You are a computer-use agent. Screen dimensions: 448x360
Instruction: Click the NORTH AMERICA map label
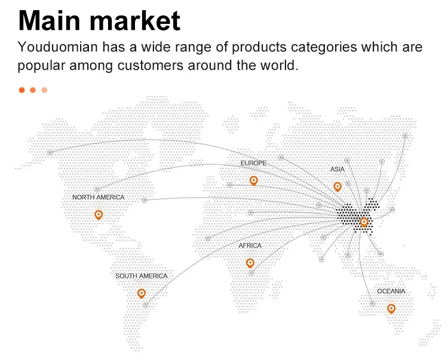coord(99,197)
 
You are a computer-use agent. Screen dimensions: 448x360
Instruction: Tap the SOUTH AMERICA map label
coord(142,276)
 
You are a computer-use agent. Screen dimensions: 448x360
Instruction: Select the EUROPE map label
coord(253,163)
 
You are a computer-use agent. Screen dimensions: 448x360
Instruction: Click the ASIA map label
coord(337,170)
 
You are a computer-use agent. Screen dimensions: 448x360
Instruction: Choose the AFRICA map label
coord(250,245)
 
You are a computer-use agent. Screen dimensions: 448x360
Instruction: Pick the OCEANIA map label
coord(391,291)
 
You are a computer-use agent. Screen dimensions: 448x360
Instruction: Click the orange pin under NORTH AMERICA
coord(99,214)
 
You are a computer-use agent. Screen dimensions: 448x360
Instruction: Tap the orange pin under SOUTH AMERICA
coord(142,293)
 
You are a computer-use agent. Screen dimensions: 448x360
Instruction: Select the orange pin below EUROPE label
coord(253,180)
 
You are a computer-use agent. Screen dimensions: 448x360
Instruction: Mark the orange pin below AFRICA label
coord(250,263)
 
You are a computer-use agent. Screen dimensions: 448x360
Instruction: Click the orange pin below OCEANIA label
coord(391,308)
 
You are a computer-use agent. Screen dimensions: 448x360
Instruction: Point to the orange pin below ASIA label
coord(337,186)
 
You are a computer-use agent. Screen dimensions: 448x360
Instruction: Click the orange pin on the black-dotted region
coord(364,222)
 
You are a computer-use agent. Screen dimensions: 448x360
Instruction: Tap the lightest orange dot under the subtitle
coord(44,90)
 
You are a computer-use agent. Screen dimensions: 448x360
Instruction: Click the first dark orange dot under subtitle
coord(22,90)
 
